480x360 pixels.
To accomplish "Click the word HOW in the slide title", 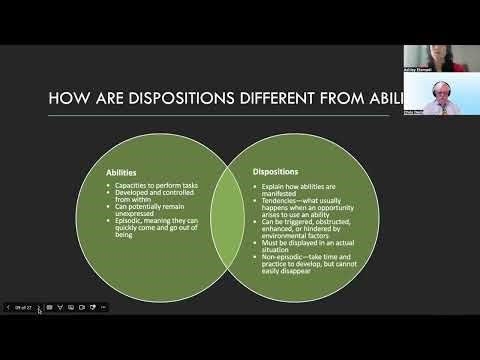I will click(x=66, y=97).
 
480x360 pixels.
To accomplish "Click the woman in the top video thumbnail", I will click(x=440, y=56).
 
